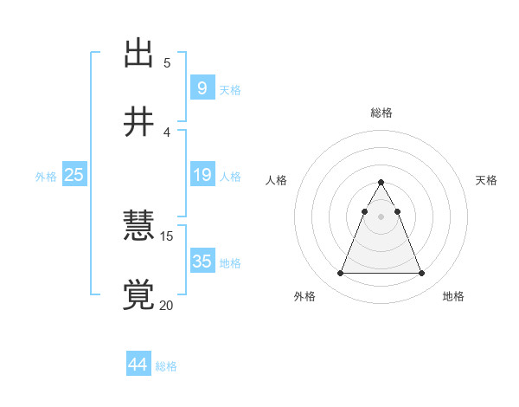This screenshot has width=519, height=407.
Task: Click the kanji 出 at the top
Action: point(138,54)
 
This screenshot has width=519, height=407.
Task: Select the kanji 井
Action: point(138,122)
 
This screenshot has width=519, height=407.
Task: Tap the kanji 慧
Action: point(138,226)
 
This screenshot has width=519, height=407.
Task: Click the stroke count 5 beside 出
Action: point(167,62)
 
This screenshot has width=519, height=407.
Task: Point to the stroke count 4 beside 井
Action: point(167,132)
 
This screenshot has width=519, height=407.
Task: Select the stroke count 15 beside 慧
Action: point(167,236)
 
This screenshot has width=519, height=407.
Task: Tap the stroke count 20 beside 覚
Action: point(167,305)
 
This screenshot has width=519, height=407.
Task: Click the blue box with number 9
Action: point(202,87)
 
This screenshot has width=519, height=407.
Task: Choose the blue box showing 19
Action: point(202,175)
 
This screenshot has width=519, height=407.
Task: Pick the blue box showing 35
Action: point(202,261)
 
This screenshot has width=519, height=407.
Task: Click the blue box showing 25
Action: point(74,175)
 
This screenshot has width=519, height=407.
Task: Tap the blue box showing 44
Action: point(138,365)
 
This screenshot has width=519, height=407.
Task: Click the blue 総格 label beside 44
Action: point(166,366)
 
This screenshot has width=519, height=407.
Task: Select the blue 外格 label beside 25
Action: point(46,177)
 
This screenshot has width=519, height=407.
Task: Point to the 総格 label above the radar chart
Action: point(381,113)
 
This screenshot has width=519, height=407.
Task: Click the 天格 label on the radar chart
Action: point(487,180)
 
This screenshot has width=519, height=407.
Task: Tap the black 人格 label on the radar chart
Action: point(277,180)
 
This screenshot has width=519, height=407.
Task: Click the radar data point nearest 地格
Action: point(422,274)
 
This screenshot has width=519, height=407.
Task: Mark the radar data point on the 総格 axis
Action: point(381,183)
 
